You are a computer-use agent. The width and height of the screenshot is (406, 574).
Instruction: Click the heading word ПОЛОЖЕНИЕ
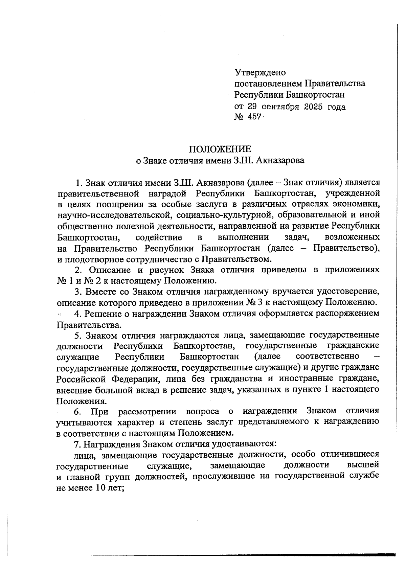220,149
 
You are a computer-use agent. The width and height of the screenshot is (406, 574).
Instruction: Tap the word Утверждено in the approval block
260,72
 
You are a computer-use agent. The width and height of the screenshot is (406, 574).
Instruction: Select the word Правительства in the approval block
335,83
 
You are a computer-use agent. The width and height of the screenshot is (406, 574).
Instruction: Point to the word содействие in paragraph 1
159,237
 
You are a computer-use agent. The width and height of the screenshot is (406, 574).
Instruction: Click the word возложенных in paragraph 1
352,237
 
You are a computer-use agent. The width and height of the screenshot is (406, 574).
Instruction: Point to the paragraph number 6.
77,411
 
